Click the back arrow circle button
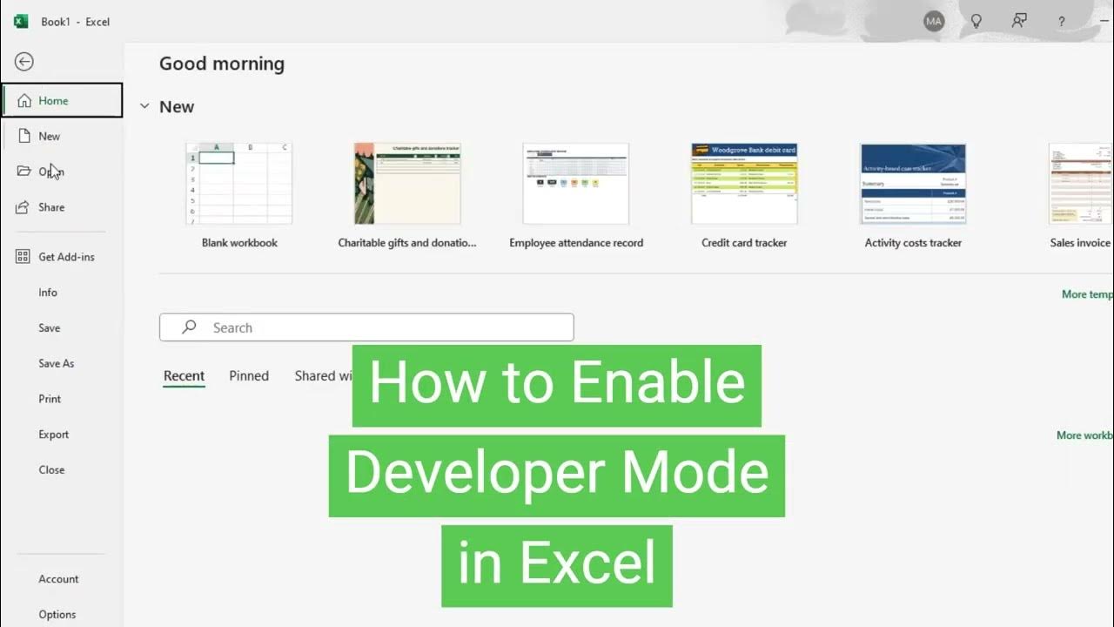tap(24, 62)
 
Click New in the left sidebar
tap(49, 136)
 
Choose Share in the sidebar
tap(50, 207)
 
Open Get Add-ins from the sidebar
tap(66, 257)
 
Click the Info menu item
tap(48, 293)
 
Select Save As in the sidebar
tap(56, 363)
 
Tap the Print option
tap(50, 399)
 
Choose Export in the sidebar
tap(53, 435)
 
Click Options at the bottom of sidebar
tap(57, 614)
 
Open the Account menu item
tap(58, 579)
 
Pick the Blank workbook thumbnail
tap(239, 184)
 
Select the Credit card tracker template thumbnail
tap(744, 184)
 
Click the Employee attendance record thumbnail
tap(575, 184)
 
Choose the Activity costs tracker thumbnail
tap(913, 184)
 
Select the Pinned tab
tap(249, 376)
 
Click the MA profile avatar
tap(934, 21)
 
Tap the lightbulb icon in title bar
tap(976, 21)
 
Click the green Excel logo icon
tap(21, 21)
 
